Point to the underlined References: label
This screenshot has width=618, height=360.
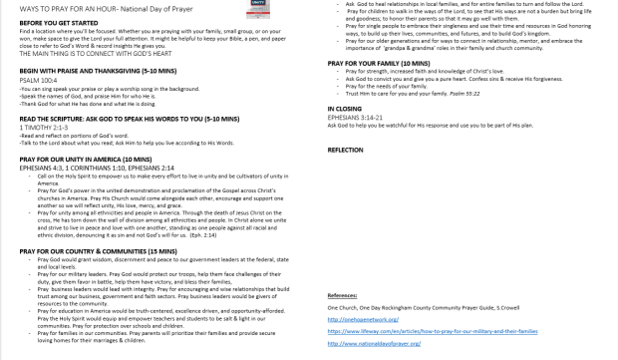[x=343, y=295]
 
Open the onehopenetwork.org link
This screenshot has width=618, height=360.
[x=361, y=318]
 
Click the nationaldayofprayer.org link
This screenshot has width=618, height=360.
[x=367, y=341]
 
